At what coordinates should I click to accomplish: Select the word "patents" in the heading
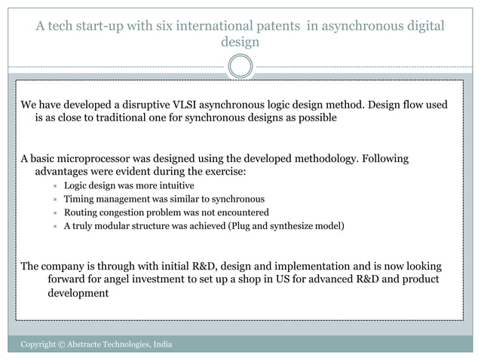click(275, 26)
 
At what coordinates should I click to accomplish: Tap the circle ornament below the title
click(240, 66)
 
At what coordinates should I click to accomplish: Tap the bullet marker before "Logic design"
click(54, 186)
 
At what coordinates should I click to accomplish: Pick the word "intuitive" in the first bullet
click(174, 185)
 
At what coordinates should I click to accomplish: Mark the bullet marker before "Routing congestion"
click(54, 213)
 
